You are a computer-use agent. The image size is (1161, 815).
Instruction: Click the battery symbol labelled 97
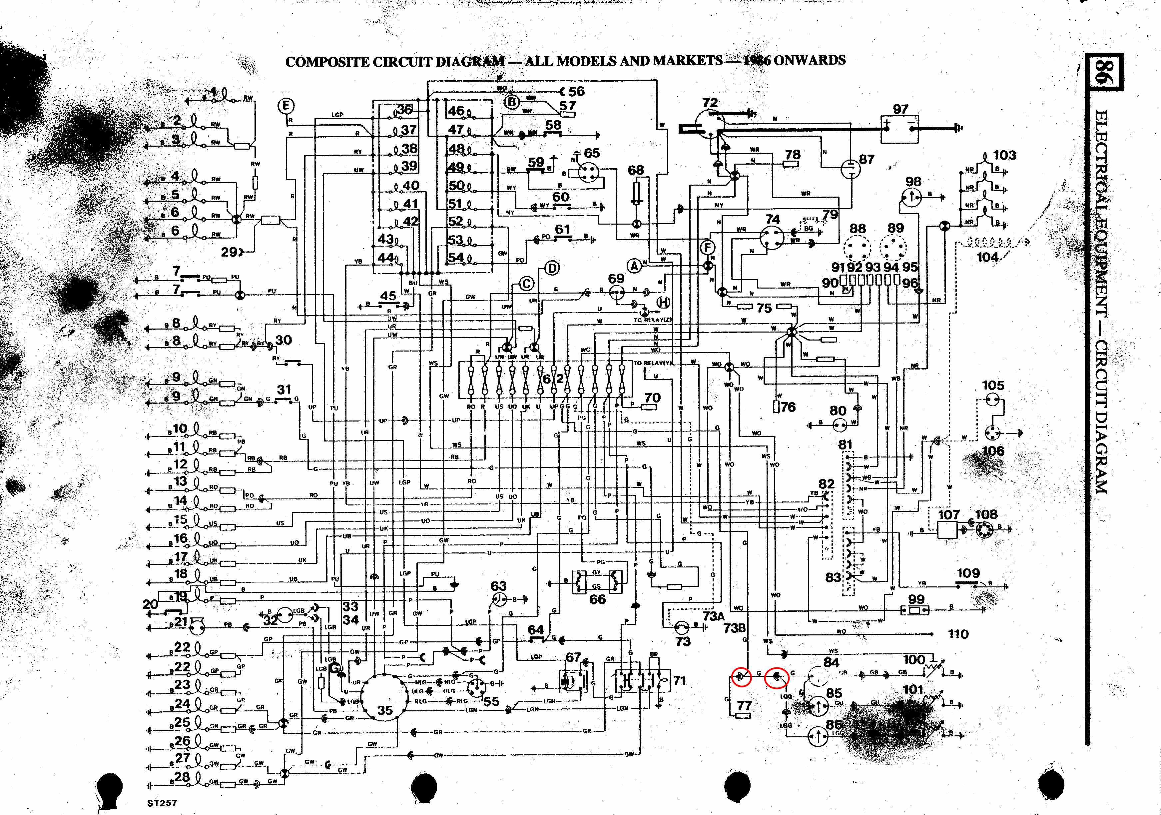900,129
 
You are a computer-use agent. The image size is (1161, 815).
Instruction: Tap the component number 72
710,103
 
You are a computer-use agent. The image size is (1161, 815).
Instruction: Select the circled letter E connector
286,106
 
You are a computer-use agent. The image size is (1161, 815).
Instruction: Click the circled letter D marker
552,268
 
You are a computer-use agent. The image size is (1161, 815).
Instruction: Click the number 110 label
958,634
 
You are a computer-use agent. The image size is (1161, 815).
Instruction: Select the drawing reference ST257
162,802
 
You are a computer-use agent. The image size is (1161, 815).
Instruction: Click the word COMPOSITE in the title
327,62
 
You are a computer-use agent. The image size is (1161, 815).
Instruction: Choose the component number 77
744,705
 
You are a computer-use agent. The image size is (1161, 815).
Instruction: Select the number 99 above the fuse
916,599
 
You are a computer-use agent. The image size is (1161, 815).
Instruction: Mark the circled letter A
634,265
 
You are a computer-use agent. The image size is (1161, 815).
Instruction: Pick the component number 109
968,573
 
